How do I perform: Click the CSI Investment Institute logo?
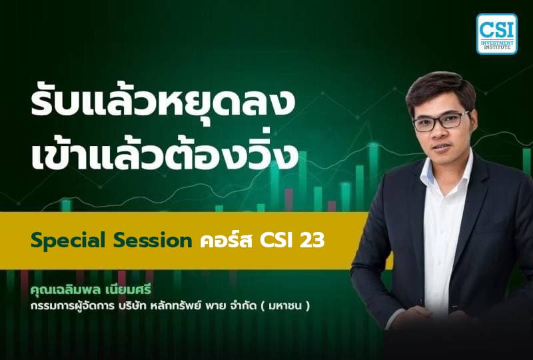point(496,33)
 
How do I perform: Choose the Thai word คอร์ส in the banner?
point(225,241)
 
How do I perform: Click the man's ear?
point(475,127)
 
